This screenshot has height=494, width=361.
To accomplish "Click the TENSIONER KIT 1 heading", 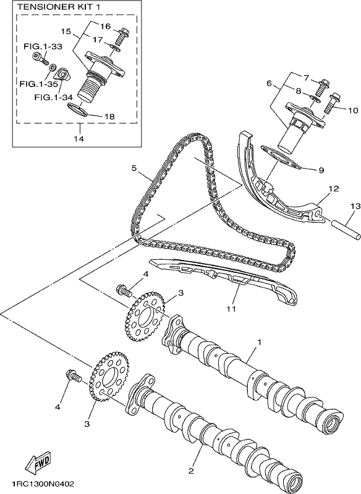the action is (x=59, y=7).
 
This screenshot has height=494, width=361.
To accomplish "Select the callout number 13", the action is (x=355, y=206).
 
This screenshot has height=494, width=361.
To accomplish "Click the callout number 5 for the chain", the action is (x=134, y=168).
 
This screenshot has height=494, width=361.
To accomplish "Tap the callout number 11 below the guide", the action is (x=232, y=308).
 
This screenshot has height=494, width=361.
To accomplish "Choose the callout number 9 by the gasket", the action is (x=321, y=170).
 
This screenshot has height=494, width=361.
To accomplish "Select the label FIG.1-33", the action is (x=43, y=46).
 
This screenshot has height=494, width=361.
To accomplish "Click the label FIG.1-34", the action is (x=54, y=97).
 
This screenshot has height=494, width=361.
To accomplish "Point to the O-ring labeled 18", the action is (x=77, y=110).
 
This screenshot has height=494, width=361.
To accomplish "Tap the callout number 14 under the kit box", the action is (x=79, y=138).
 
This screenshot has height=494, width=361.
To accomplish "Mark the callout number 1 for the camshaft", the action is (x=260, y=342).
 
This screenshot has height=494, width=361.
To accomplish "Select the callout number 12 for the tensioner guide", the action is (x=334, y=189).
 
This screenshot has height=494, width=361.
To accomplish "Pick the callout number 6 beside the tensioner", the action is (x=269, y=83).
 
